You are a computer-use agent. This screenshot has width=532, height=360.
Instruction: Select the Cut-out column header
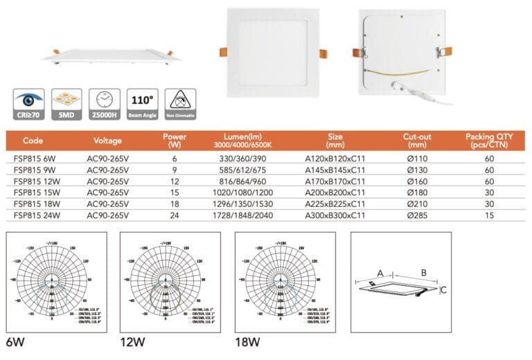coord(418,141)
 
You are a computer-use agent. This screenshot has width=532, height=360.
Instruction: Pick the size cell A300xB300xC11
coord(335,216)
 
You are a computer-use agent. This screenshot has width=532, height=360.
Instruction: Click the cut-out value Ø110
coord(418,159)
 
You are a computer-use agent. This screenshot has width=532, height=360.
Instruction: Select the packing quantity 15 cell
coord(490,216)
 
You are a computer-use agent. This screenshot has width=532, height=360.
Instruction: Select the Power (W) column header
coord(175,141)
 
